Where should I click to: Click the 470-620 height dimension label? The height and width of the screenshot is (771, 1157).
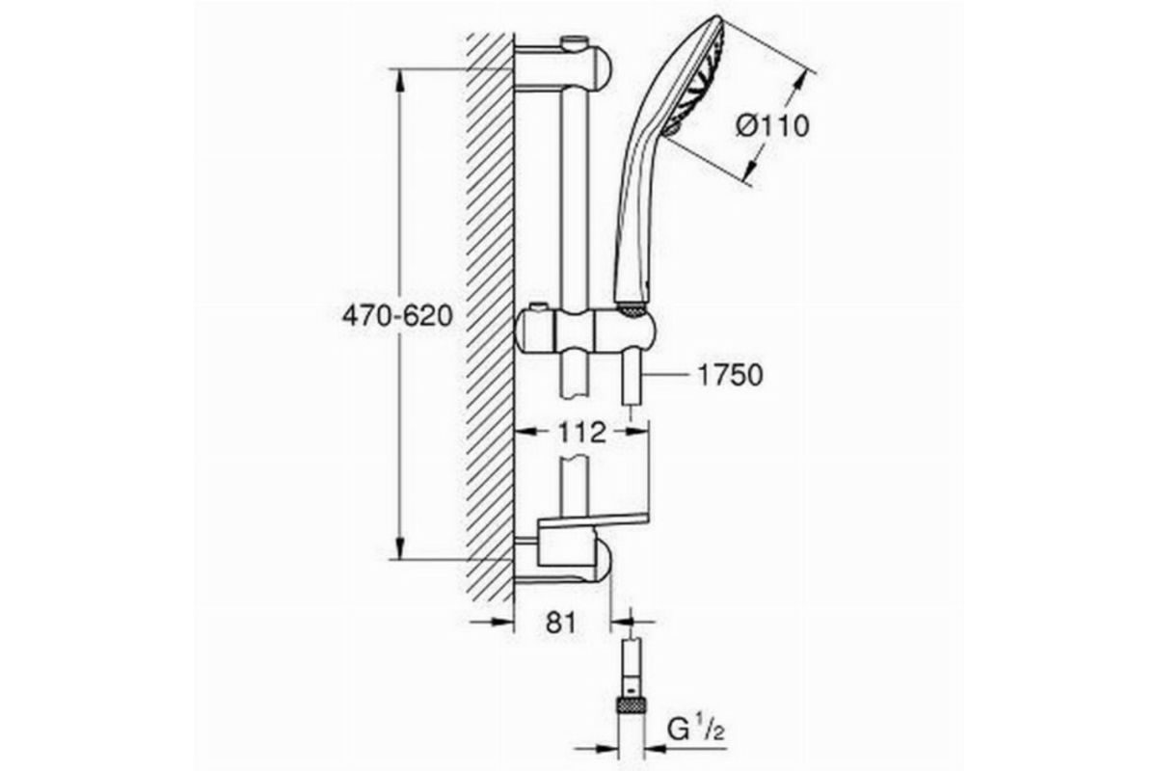click(397, 316)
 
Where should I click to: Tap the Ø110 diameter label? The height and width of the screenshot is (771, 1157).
click(772, 126)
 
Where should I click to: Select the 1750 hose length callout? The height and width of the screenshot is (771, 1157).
click(730, 375)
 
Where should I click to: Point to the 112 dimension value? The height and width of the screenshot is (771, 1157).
click(581, 432)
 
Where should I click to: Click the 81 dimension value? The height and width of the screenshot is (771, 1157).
click(560, 623)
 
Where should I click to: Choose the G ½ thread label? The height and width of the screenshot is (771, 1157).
click(696, 730)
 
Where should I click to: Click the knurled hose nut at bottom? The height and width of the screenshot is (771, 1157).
click(632, 705)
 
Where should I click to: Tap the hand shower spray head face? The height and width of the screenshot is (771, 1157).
click(697, 77)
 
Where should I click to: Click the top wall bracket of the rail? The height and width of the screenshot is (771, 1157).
click(563, 68)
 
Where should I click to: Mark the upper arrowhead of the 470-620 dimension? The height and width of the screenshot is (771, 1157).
click(400, 79)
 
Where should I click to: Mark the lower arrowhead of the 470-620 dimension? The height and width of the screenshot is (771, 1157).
click(400, 548)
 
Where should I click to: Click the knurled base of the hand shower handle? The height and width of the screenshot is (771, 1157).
click(632, 310)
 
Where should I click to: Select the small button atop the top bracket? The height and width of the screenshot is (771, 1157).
click(578, 41)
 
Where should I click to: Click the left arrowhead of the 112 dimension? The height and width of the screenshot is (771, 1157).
click(526, 433)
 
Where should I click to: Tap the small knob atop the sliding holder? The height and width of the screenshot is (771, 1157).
click(539, 306)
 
